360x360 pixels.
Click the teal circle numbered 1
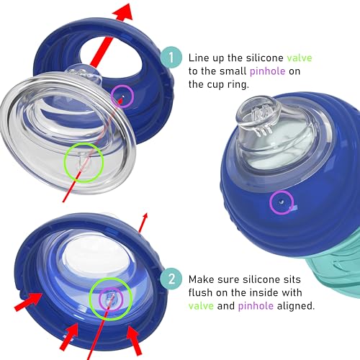pos(171,58)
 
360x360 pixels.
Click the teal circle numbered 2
pos(171,279)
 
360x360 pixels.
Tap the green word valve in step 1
pos(300,58)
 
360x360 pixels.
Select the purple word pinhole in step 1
pos(268,71)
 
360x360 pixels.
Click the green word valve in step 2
pos(201,306)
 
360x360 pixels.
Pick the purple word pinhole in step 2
pos(256,306)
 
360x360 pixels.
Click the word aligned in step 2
pos(296,306)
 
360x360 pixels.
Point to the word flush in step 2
pos(200,292)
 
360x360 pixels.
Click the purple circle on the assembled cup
pos(282,202)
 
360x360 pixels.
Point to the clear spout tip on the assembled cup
pos(259,113)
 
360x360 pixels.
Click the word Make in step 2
pos(201,279)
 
